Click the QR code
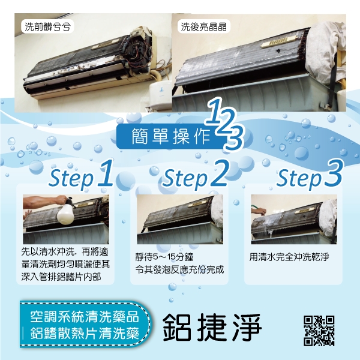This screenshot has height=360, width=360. pos(319,331)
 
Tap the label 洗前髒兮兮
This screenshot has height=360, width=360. pos(47,27)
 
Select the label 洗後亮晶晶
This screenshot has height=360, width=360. pos(203,26)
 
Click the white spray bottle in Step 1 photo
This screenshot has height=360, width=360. pos(65,212)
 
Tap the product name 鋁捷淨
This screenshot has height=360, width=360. pos(212,328)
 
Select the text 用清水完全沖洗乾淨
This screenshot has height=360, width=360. pos(289,257)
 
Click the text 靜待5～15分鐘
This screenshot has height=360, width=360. pos(164,257)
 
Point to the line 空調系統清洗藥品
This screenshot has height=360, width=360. pos(85,317)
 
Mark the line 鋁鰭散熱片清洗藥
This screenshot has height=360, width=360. pos(85,334)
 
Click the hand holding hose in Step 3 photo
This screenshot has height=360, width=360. pos(259,211)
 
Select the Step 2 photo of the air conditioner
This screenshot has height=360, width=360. pos(180,219)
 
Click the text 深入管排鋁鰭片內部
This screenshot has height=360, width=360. pos(61,277)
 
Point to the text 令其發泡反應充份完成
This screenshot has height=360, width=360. pos(179,270)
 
